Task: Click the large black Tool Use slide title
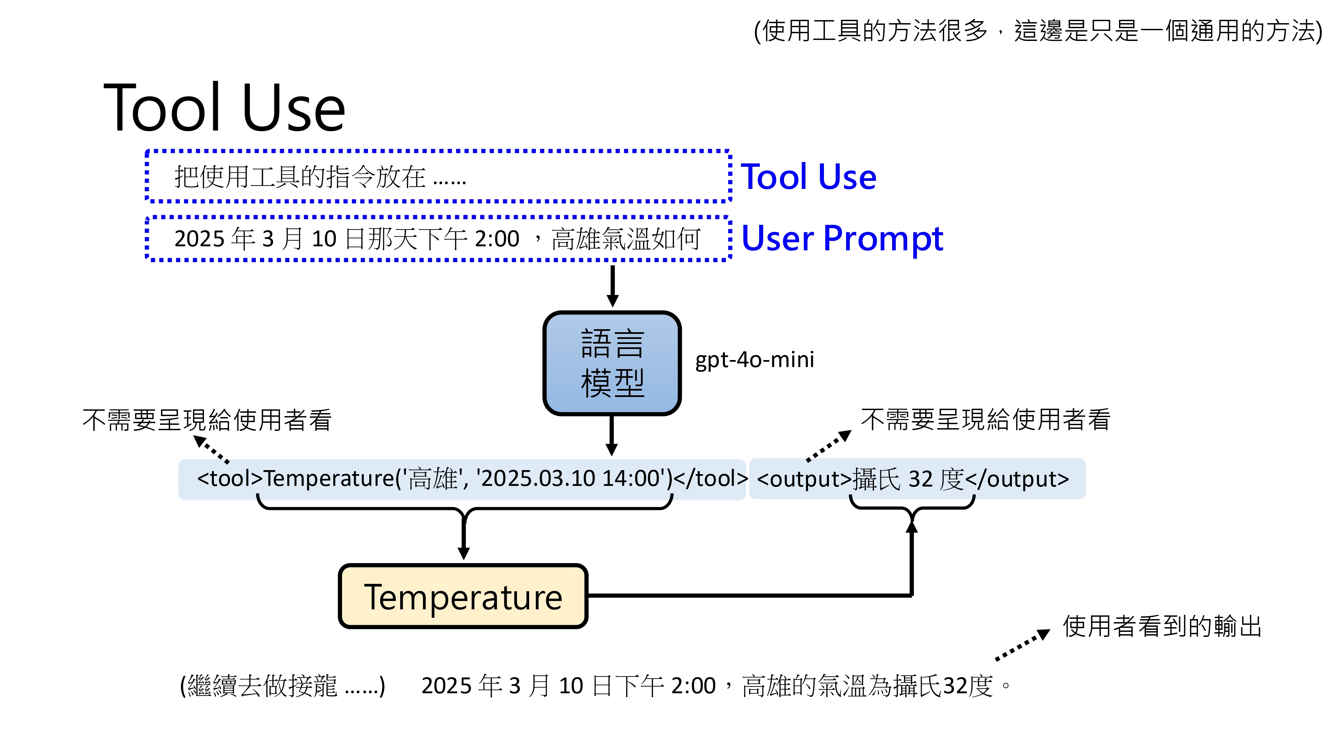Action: [x=224, y=108]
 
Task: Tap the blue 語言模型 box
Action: [x=612, y=363]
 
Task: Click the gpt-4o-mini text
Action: [x=754, y=359]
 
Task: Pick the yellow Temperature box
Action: [x=463, y=597]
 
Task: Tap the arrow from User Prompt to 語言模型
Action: [x=613, y=286]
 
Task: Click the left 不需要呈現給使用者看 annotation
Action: [x=207, y=420]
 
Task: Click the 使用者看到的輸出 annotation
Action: [x=1162, y=626]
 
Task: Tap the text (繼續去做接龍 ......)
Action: [x=283, y=686]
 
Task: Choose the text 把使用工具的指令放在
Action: [x=300, y=177]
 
